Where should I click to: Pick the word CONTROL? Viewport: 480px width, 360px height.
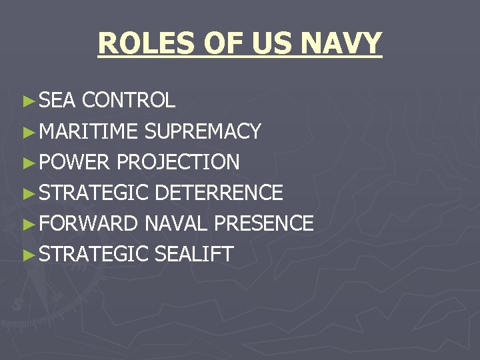pyautogui.click(x=129, y=101)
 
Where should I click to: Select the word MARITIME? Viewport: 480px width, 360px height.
pyautogui.click(x=88, y=131)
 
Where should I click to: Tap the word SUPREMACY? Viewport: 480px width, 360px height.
pyautogui.click(x=203, y=131)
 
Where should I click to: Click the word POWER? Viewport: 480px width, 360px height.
pyautogui.click(x=75, y=162)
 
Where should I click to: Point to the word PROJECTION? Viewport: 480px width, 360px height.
pyautogui.click(x=178, y=162)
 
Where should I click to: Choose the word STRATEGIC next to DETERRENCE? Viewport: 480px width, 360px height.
pyautogui.click(x=94, y=193)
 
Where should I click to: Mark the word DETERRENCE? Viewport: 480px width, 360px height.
pyautogui.click(x=219, y=193)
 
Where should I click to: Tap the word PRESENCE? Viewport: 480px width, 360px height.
pyautogui.click(x=264, y=223)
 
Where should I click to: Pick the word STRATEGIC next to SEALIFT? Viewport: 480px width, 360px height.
pyautogui.click(x=94, y=254)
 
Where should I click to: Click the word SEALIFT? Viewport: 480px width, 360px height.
pyautogui.click(x=194, y=254)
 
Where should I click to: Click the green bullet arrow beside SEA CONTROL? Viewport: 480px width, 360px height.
pyautogui.click(x=27, y=101)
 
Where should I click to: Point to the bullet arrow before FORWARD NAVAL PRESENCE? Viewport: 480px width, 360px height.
pyautogui.click(x=27, y=224)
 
